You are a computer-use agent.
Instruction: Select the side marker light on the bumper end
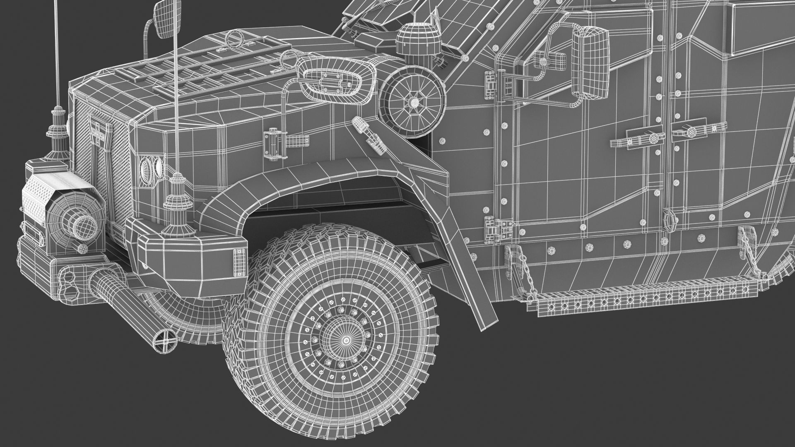point(239,262)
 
